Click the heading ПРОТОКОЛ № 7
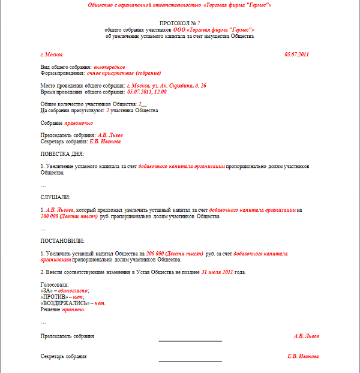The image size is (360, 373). [x=179, y=23]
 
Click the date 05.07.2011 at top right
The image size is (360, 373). [x=296, y=55]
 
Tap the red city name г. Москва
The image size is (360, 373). [x=52, y=55]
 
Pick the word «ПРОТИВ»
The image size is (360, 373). [x=54, y=297]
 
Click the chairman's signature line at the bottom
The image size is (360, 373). [x=190, y=341]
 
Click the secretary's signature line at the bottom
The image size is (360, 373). [x=190, y=361]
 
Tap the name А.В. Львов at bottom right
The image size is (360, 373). [x=307, y=336]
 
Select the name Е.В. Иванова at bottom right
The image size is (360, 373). [x=303, y=356]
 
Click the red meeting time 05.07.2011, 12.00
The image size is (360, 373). [x=147, y=92]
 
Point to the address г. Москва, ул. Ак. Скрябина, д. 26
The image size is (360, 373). [x=167, y=86]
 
